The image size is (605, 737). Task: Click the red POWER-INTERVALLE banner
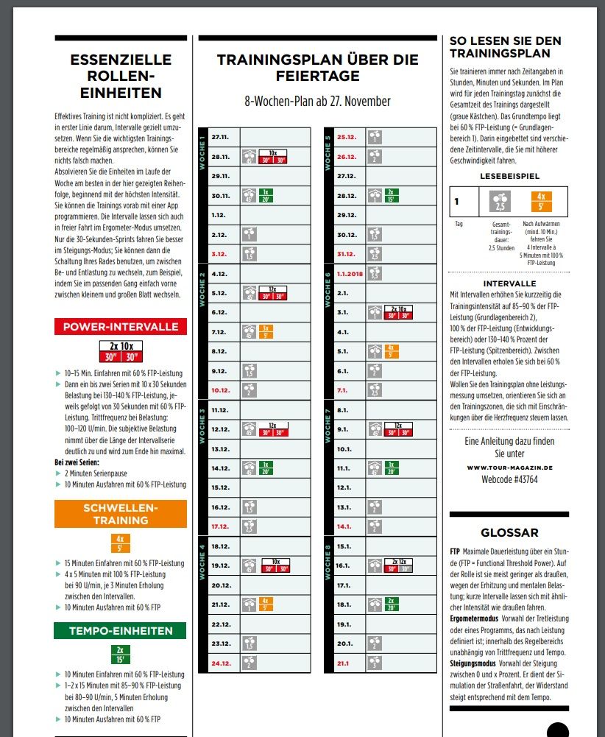coord(121,327)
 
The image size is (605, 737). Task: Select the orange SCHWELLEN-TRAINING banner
coord(121,514)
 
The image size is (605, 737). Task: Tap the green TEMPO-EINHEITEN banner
coord(121,631)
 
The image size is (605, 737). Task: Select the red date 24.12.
coord(221,663)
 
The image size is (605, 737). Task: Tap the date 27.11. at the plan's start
coord(220,137)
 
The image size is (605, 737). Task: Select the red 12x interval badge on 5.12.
coord(272,293)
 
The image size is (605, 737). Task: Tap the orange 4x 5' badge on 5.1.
coord(389,351)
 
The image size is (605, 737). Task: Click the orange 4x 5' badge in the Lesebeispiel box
coord(540,202)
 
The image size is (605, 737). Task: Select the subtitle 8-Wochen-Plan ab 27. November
coord(317,102)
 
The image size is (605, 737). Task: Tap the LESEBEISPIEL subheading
coord(511,177)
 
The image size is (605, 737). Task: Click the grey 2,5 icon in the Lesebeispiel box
coord(500,202)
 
